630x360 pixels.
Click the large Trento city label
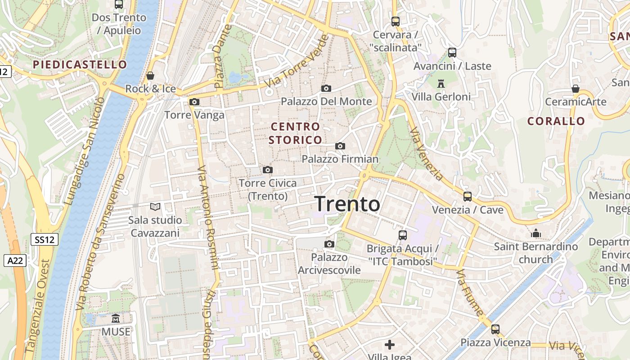tap(347, 204)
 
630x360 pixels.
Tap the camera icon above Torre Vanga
tap(194, 102)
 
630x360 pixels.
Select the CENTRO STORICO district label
tap(296, 133)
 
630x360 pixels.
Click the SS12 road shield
tap(45, 239)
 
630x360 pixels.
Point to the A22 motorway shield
tap(15, 260)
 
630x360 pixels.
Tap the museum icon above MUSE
tap(116, 318)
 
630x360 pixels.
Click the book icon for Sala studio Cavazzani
tap(155, 207)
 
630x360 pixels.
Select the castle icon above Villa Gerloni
tap(441, 83)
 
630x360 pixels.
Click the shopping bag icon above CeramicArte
tap(576, 89)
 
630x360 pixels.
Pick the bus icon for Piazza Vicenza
tap(495, 329)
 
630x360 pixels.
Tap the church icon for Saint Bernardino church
tap(535, 233)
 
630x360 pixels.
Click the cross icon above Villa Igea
tap(390, 345)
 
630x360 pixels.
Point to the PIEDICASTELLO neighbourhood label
tap(80, 64)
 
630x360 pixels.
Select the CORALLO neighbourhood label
tap(556, 121)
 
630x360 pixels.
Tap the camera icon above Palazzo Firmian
tap(340, 146)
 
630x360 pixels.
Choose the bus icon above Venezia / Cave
tap(468, 197)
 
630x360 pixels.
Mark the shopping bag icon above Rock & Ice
tap(150, 76)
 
